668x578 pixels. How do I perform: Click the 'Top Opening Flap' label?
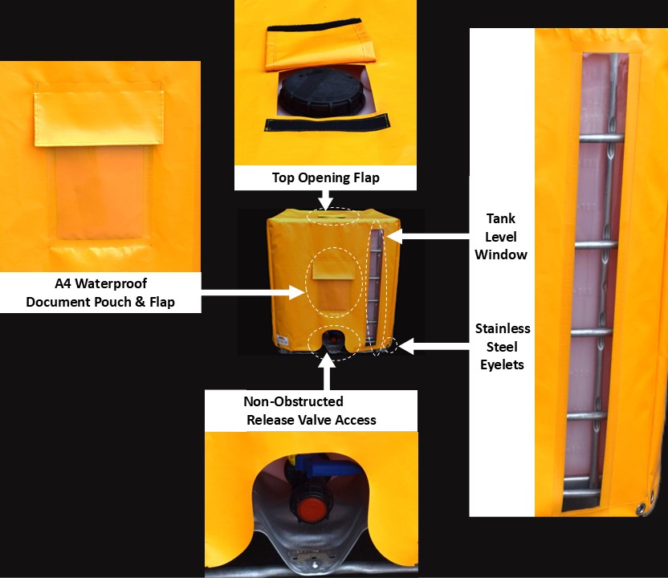326,177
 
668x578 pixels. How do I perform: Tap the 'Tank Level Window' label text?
501,236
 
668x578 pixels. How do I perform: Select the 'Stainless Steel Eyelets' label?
503,346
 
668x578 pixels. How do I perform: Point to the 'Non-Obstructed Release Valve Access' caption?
311,410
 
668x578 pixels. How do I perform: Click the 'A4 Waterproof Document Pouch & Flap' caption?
100,293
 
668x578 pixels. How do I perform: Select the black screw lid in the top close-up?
320,94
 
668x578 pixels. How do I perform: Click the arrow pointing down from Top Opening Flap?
325,200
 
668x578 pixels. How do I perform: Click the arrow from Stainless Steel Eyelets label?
434,346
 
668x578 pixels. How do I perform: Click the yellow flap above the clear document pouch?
99,118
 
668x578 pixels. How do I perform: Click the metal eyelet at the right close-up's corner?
641,508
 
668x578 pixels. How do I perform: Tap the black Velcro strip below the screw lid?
328,122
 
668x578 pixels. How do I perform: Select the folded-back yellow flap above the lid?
320,44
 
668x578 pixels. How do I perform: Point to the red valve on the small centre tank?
332,339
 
